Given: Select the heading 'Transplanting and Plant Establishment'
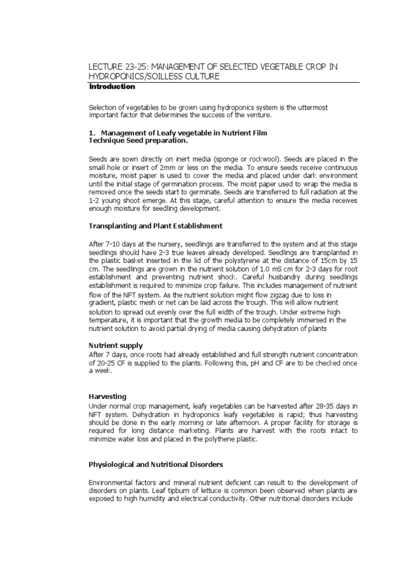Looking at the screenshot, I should (155, 226).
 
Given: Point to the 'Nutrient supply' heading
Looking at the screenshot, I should (115, 346).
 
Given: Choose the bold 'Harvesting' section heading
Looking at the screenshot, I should (108, 396).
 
